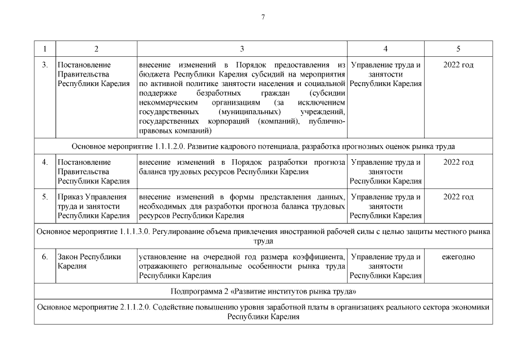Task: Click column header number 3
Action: tap(242, 48)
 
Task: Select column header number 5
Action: tap(458, 48)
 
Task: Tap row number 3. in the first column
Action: tap(45, 65)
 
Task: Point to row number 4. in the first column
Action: tap(45, 163)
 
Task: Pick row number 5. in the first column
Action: tap(45, 197)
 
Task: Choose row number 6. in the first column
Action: tap(45, 257)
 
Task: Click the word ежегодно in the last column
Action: tap(458, 257)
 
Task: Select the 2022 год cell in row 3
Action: tap(458, 65)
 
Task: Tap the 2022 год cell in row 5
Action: tap(458, 197)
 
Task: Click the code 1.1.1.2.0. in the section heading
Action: tap(169, 146)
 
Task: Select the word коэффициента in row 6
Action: tap(321, 257)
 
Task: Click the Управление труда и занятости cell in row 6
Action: tap(385, 266)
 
